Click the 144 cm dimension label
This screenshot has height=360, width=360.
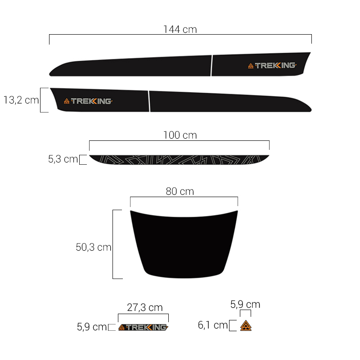(x=180, y=29)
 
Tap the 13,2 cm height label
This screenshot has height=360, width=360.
(x=21, y=100)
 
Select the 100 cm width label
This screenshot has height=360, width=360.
(x=180, y=135)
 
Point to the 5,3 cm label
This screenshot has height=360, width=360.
(x=63, y=159)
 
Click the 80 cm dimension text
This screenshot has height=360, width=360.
(x=180, y=191)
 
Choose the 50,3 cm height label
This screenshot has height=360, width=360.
(x=94, y=247)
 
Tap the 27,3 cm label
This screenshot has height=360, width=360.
(x=144, y=307)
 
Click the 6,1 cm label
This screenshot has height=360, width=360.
(x=212, y=325)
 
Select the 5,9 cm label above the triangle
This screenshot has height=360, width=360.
(x=245, y=305)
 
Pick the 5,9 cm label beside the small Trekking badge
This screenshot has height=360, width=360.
(x=92, y=327)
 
